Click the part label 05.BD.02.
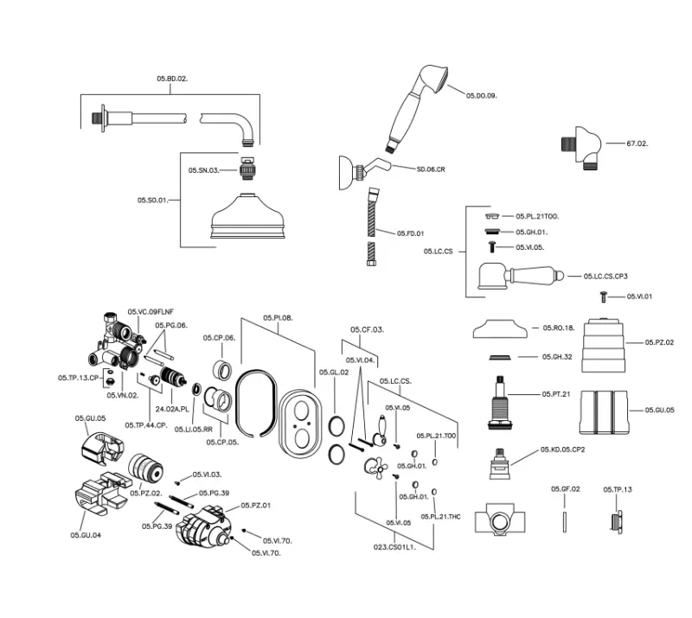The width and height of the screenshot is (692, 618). (x=172, y=79)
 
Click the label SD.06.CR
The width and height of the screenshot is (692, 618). (x=430, y=169)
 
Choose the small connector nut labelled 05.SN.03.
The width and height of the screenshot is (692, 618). (x=247, y=167)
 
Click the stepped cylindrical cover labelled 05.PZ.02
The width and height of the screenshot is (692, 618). (x=611, y=344)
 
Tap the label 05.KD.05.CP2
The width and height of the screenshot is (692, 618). (x=563, y=449)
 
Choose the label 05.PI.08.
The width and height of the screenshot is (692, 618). (x=278, y=318)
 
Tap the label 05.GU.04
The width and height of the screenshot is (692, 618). (x=86, y=535)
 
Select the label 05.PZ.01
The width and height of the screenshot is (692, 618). (x=255, y=505)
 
